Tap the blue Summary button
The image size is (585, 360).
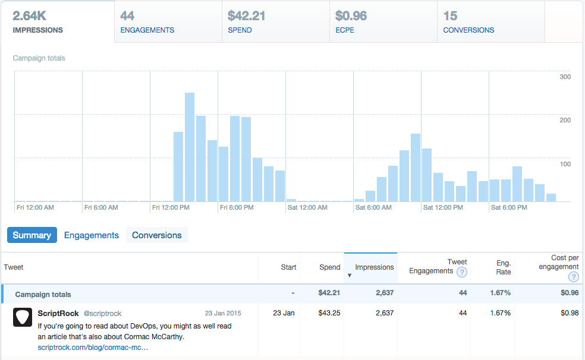[32, 235]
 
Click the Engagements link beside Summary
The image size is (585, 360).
[92, 235]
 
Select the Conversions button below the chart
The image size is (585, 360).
[157, 235]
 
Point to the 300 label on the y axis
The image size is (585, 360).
[565, 77]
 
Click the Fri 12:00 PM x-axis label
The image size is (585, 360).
[171, 208]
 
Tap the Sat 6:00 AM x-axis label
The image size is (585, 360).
[373, 208]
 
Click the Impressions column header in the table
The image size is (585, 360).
[374, 267]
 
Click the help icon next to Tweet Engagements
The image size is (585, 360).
[461, 273]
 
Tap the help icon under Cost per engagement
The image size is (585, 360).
[573, 277]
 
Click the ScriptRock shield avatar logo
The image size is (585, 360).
[23, 318]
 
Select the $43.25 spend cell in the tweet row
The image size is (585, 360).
[329, 313]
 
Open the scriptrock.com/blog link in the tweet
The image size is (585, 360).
[93, 347]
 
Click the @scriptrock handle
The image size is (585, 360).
[102, 313]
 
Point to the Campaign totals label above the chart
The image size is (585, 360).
[39, 58]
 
